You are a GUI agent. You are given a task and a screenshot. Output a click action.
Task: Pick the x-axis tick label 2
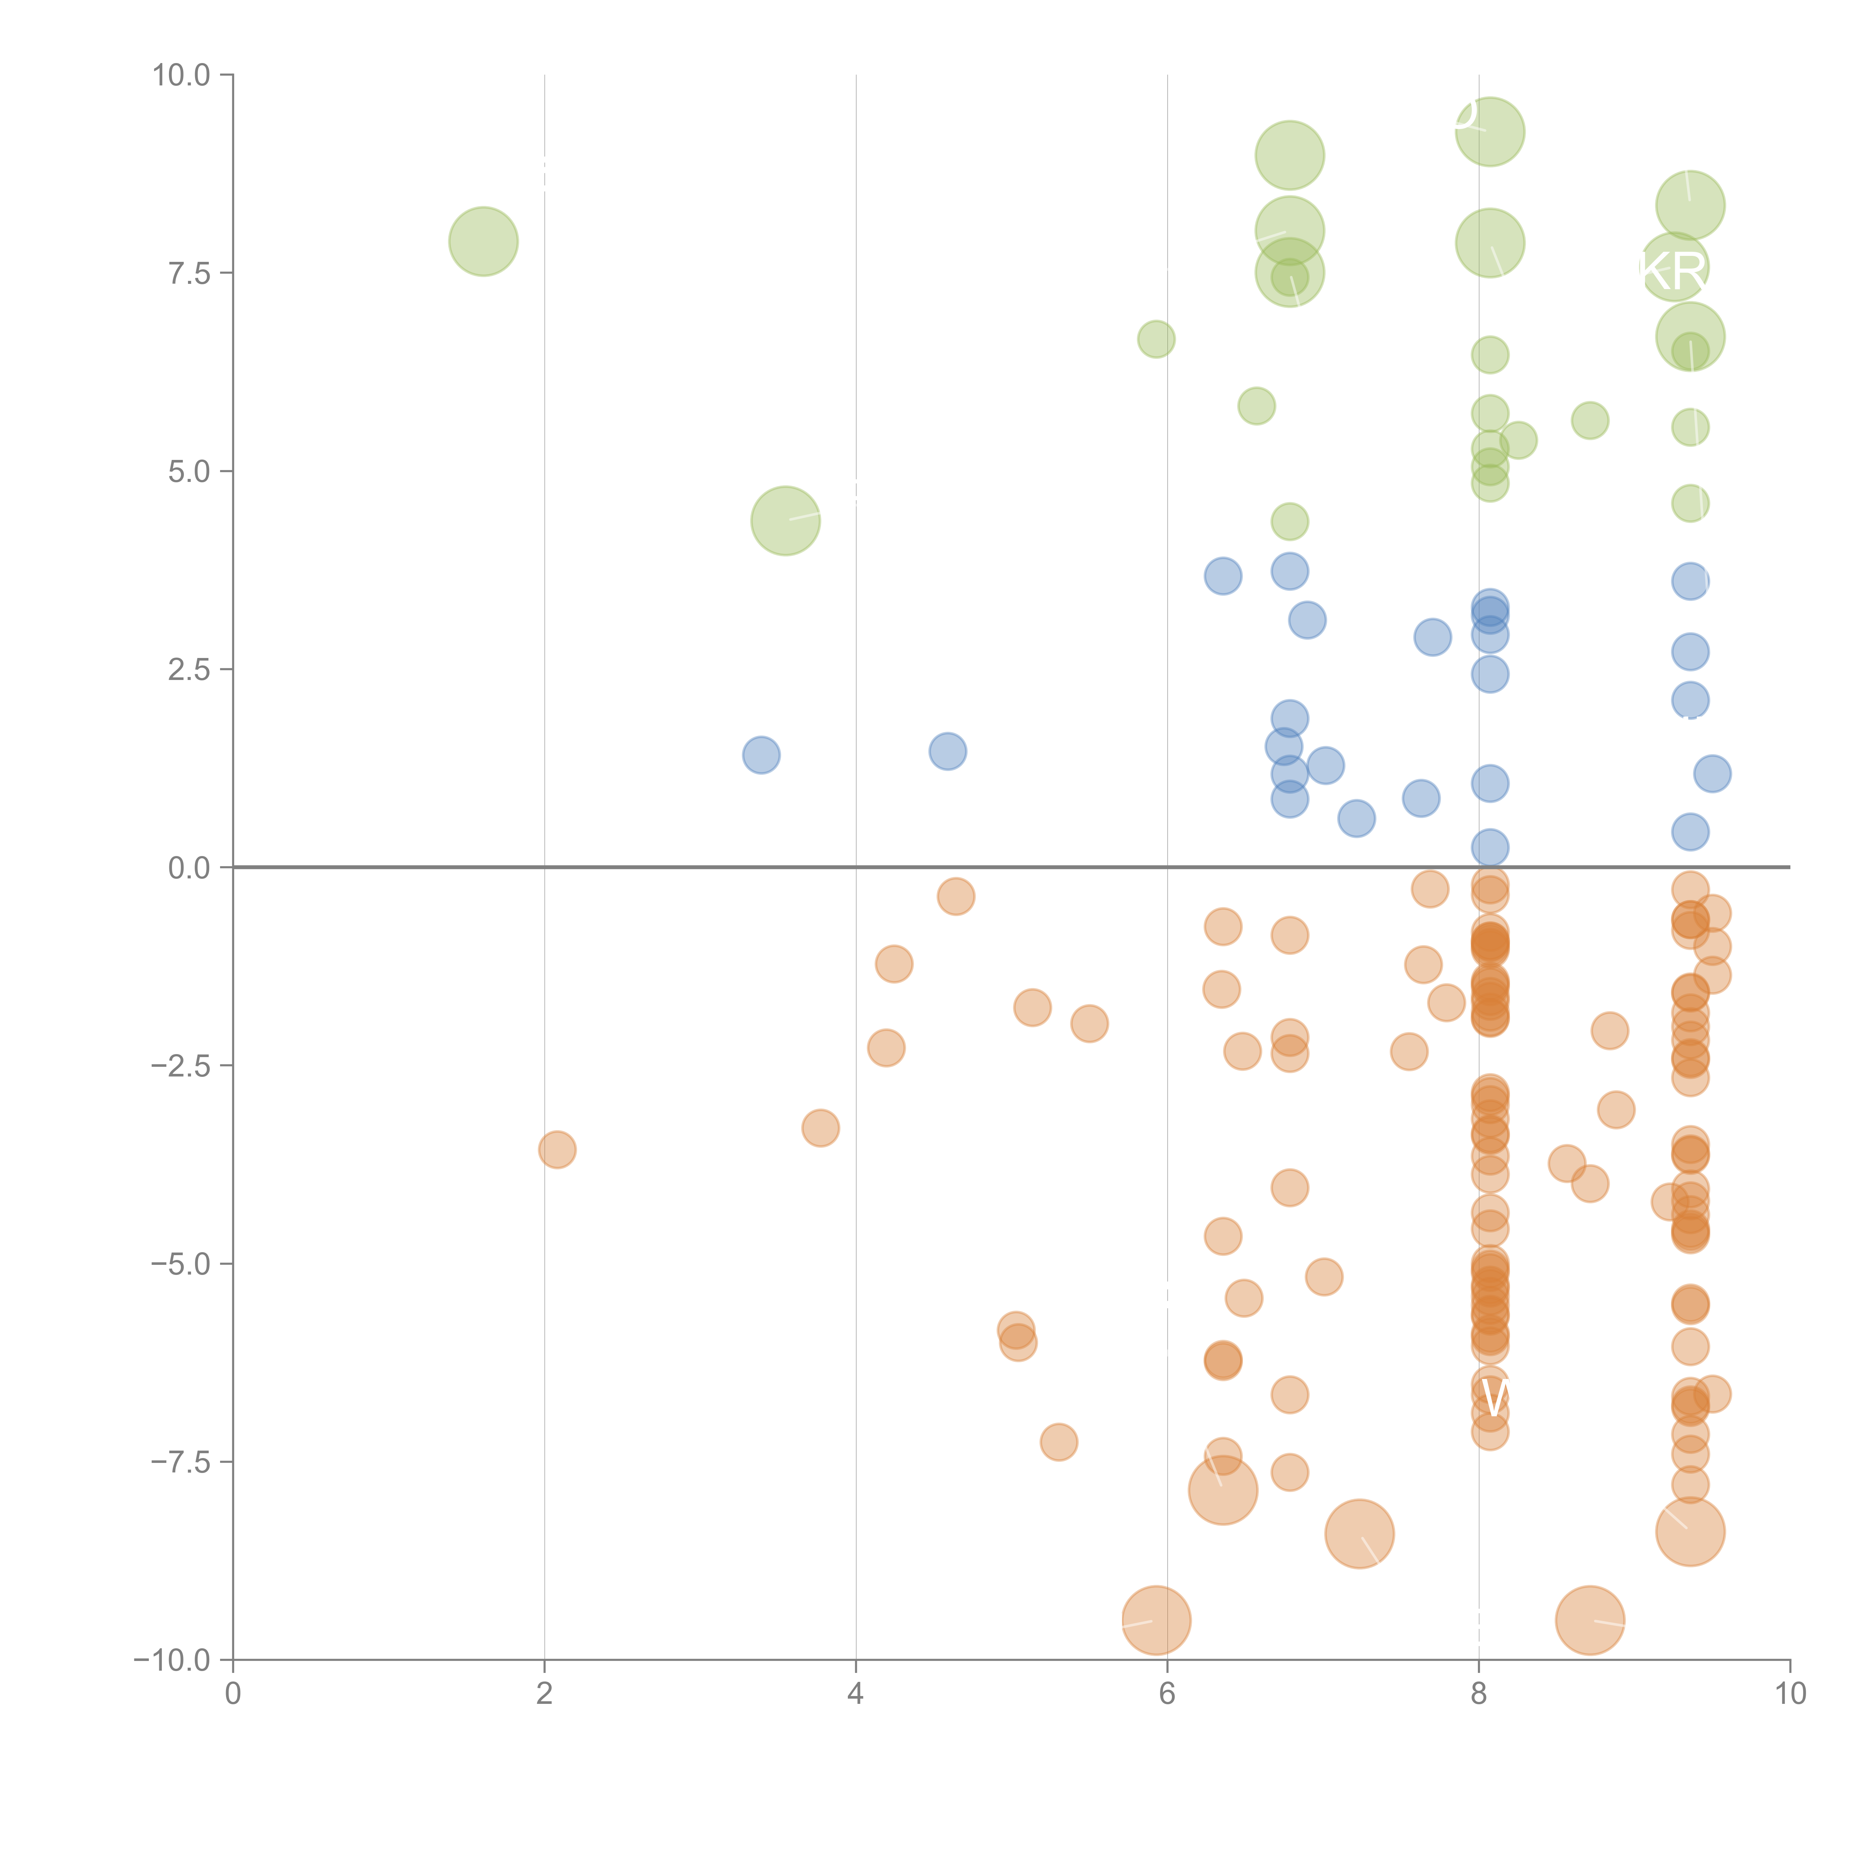(545, 1694)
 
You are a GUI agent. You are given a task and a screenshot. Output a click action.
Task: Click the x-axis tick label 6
(1167, 1694)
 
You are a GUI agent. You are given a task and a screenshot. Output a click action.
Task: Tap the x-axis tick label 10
(1790, 1694)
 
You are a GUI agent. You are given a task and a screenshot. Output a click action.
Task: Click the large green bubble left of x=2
(484, 241)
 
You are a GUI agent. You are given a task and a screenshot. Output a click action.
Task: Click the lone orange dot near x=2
(557, 1150)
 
